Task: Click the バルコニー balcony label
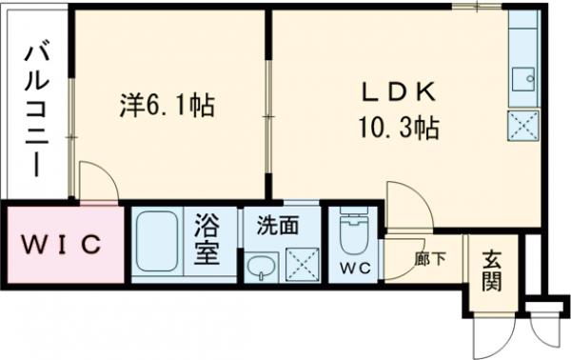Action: pyautogui.click(x=37, y=108)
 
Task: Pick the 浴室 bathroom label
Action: pyautogui.click(x=208, y=240)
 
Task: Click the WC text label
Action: pyautogui.click(x=354, y=268)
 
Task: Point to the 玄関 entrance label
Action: pyautogui.click(x=491, y=270)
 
